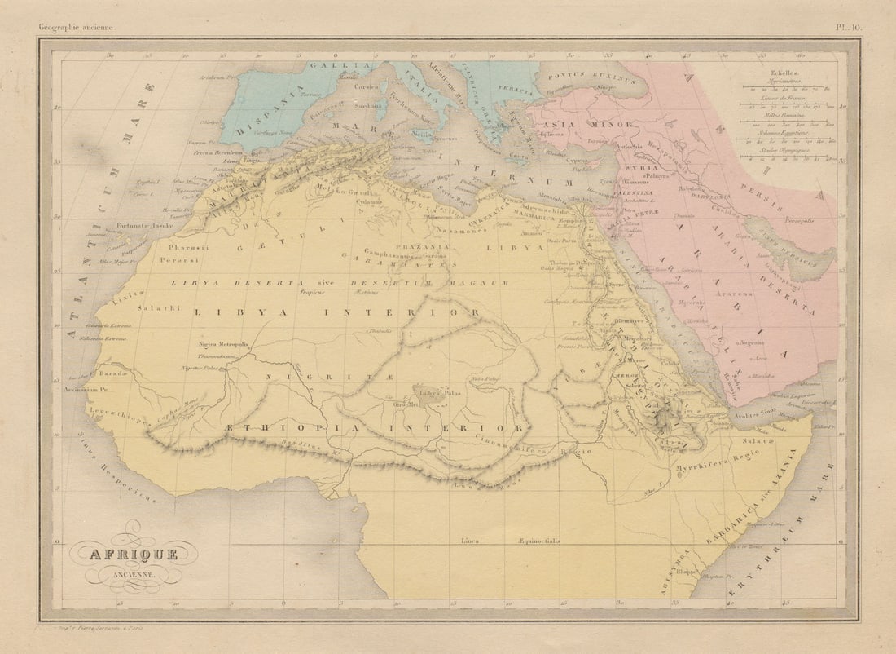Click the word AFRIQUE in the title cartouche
[x=132, y=555]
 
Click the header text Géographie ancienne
[x=78, y=28]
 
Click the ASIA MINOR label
[x=582, y=125]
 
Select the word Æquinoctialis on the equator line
[x=538, y=541]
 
